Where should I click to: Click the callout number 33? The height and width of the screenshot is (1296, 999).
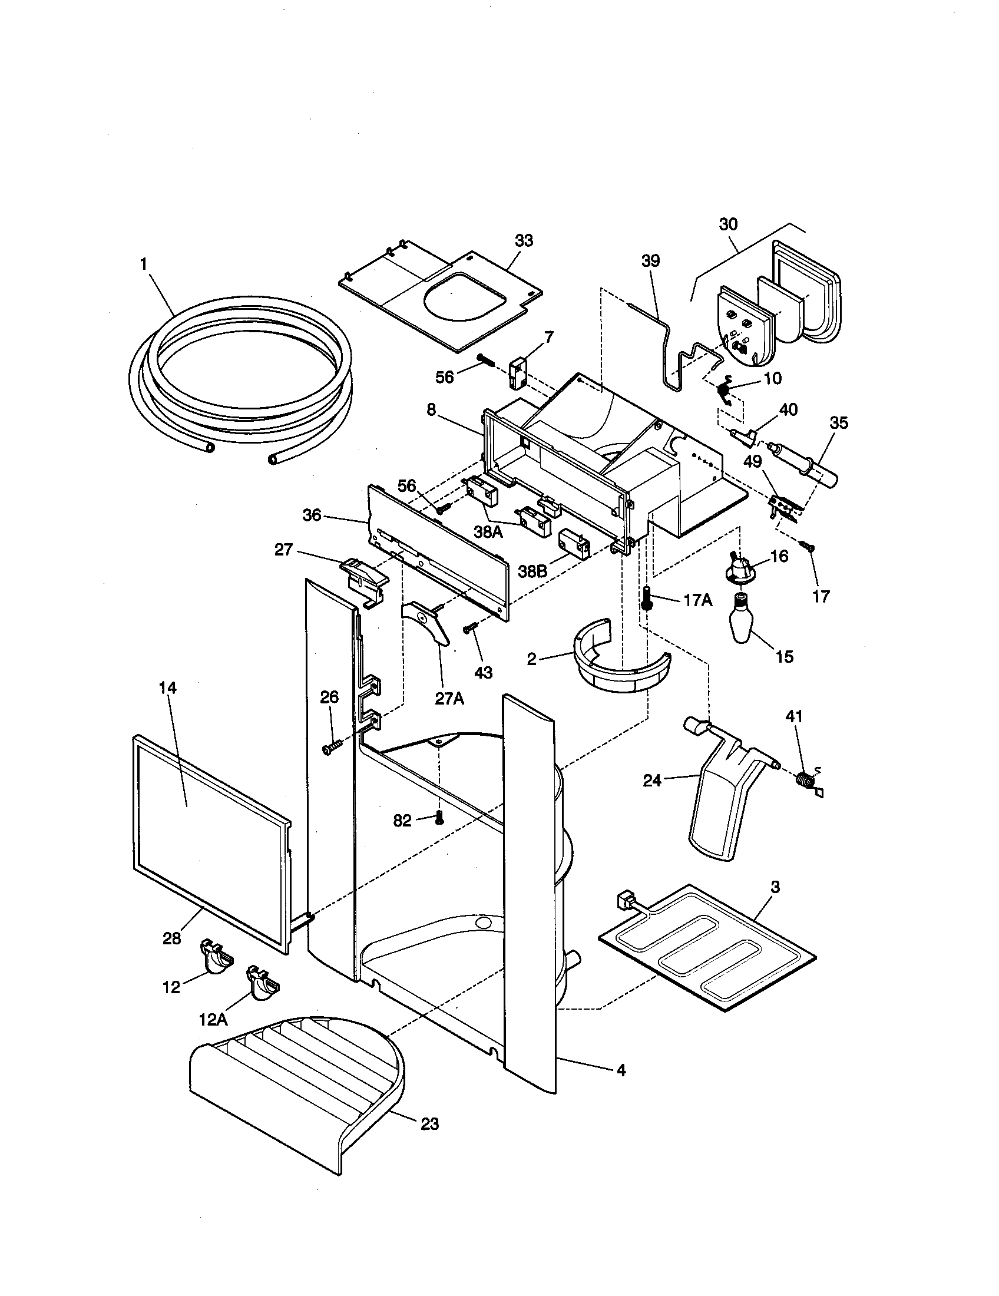524,240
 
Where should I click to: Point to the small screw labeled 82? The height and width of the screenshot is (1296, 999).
439,818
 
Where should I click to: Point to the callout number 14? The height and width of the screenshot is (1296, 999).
168,687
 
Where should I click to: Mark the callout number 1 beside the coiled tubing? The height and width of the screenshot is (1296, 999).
144,264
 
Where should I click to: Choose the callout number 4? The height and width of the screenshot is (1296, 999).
620,1070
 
